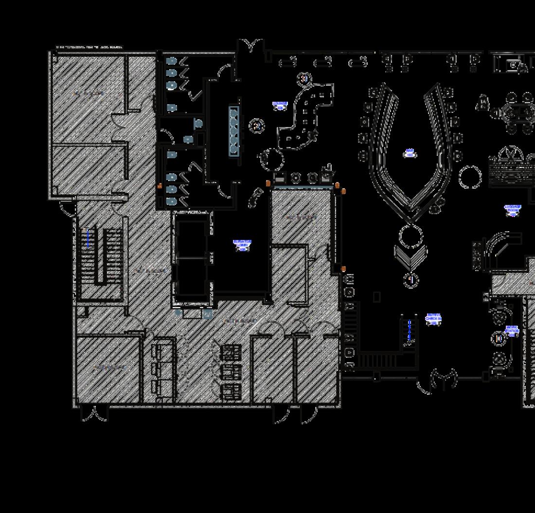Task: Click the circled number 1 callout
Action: coord(411,280)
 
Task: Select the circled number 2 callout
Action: coord(257,126)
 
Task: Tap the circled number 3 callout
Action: coord(304,78)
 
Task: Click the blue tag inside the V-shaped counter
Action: coord(410,154)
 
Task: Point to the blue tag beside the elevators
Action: coord(242,245)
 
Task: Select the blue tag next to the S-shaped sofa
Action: coord(280,106)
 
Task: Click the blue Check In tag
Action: coord(433,319)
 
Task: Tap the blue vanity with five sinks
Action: coord(234,130)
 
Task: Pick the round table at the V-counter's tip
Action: coord(411,237)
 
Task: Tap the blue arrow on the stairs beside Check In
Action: coord(410,330)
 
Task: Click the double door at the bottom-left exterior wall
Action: coord(93,414)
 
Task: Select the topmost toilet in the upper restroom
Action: coord(171,61)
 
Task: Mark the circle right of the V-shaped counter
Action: coord(470,177)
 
